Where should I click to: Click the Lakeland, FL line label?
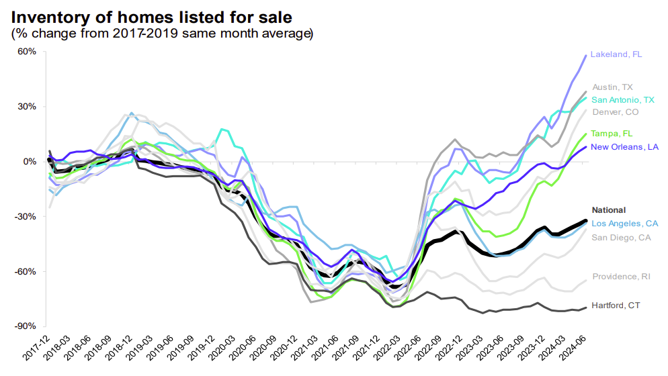pyautogui.click(x=616, y=54)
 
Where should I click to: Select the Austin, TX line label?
pyautogui.click(x=612, y=87)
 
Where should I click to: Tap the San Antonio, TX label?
pyautogui.click(x=623, y=100)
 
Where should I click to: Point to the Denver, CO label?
pyautogui.click(x=615, y=112)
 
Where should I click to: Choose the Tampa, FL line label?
pyautogui.click(x=612, y=134)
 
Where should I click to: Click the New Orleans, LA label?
pyautogui.click(x=624, y=146)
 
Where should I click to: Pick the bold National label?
pyautogui.click(x=608, y=210)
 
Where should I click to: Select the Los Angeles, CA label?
pyautogui.click(x=625, y=223)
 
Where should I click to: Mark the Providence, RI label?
pyautogui.click(x=620, y=277)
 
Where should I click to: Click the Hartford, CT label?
pyautogui.click(x=616, y=305)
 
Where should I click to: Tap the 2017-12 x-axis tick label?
pyautogui.click(x=36, y=349)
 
